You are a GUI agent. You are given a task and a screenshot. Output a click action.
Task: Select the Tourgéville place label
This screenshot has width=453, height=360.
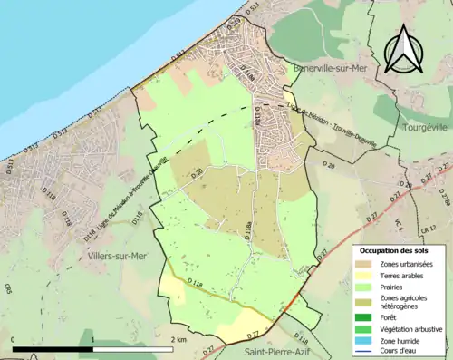tap(424, 129)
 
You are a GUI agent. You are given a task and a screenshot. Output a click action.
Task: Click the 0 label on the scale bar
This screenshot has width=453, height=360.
tap(14, 339)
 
